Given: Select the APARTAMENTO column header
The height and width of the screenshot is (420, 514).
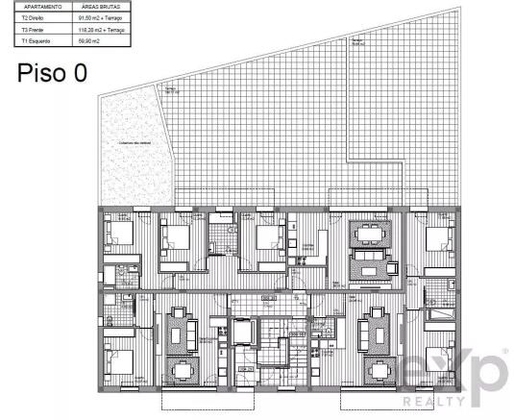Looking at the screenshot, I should click(36, 7).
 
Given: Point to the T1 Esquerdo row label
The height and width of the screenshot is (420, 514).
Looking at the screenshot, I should click(33, 41).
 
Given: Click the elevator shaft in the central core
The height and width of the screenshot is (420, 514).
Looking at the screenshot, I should click(241, 332).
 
